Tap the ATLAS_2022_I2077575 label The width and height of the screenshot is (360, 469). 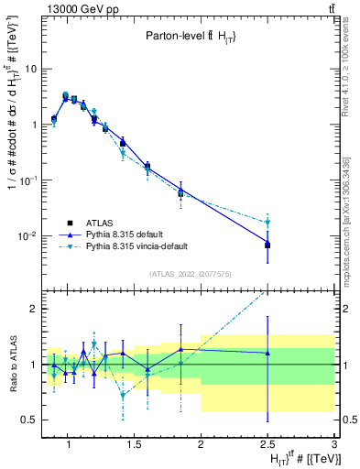190,273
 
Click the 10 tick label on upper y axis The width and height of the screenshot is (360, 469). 32,69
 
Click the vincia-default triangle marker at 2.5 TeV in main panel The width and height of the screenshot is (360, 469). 267,223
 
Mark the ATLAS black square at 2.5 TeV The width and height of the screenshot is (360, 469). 267,245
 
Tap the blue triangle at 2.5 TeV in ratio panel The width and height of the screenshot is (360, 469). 267,353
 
